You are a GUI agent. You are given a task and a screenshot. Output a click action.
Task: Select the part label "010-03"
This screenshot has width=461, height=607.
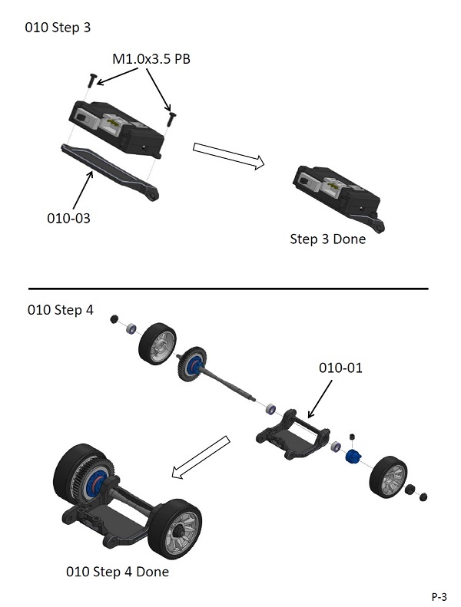pyautogui.click(x=68, y=218)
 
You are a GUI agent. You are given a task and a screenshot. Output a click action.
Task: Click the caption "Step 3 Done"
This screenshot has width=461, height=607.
pyautogui.click(x=327, y=239)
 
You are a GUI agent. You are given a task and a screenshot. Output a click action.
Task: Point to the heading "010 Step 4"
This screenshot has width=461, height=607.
pyautogui.click(x=60, y=311)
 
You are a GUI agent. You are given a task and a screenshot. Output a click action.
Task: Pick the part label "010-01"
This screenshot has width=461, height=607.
pyautogui.click(x=340, y=368)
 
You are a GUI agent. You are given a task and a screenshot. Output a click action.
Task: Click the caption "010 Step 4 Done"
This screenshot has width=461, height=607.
pyautogui.click(x=118, y=572)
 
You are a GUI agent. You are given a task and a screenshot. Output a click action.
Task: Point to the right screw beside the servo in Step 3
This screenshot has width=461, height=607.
pyautogui.click(x=171, y=116)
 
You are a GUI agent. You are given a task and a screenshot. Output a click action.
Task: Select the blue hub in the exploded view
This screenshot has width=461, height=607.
pyautogui.click(x=355, y=457)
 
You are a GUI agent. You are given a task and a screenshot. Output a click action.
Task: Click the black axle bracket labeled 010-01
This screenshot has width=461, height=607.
pyautogui.click(x=292, y=437)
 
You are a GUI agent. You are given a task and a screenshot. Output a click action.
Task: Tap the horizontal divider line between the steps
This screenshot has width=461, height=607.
pyautogui.click(x=227, y=289)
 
